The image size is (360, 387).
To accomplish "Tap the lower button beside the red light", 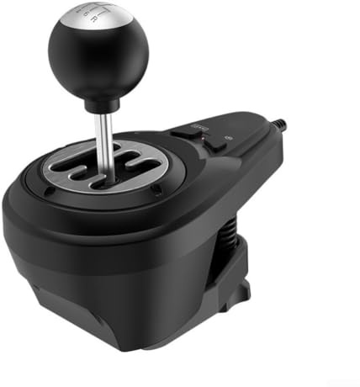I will [x=214, y=144].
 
